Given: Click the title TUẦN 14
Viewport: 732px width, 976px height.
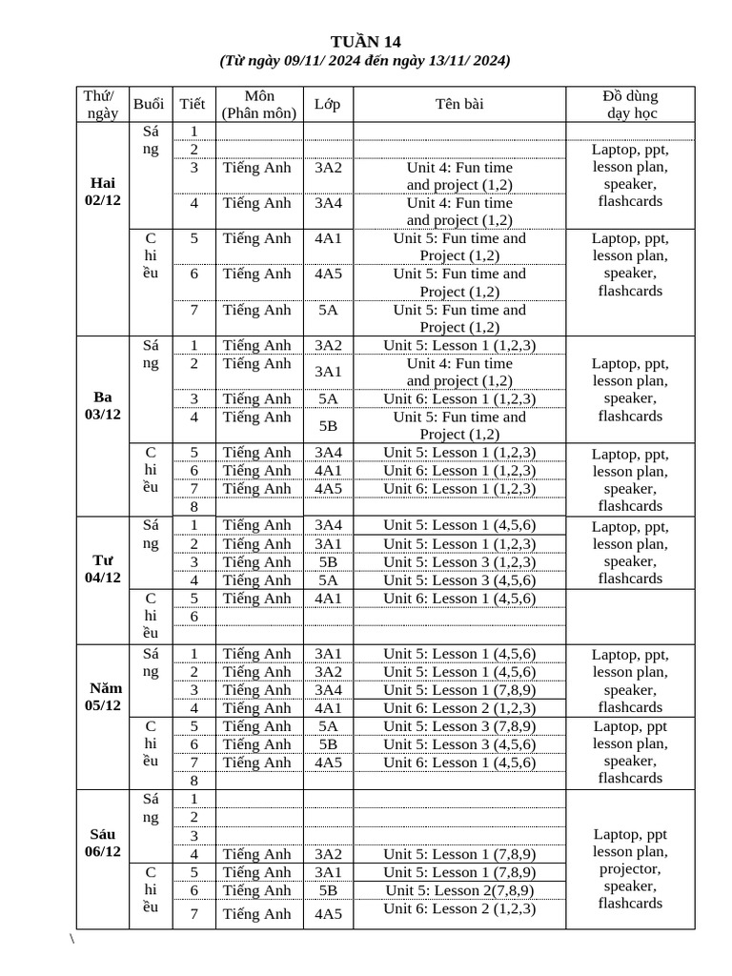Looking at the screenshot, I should coord(366,41).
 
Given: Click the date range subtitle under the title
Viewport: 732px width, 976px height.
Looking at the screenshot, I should coord(366,61).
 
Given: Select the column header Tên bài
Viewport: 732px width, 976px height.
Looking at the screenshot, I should coord(459,104).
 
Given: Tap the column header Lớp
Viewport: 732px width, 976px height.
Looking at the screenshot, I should coord(327,104).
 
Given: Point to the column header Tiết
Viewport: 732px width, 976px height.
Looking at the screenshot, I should coord(193,104).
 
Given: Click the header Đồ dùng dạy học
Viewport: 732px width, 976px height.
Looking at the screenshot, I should coord(630,104).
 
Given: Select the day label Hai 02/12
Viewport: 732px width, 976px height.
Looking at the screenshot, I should coord(103,191).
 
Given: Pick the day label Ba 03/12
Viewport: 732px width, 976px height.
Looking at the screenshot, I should coord(103,405).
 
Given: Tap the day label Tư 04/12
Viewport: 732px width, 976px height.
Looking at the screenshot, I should coord(103,569).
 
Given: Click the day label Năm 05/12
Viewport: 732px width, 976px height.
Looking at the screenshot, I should coord(103,697).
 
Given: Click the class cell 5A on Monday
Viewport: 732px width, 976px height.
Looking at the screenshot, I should coord(328,310).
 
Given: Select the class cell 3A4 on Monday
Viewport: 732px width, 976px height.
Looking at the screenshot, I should coord(328,203).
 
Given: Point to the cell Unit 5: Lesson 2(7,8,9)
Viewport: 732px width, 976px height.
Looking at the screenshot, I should coord(459,890).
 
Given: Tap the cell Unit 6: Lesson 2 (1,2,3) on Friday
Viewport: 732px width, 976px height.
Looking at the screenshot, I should coord(459,908).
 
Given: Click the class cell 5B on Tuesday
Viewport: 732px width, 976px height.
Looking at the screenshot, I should coord(328,426).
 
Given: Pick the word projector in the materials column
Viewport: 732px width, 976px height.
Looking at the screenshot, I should coord(630,869).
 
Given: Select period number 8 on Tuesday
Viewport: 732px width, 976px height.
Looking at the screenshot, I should coord(193,507).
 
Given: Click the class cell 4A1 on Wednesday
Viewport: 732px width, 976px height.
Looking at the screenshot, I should coord(328,599).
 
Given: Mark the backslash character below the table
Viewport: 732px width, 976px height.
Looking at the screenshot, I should coord(72,939).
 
